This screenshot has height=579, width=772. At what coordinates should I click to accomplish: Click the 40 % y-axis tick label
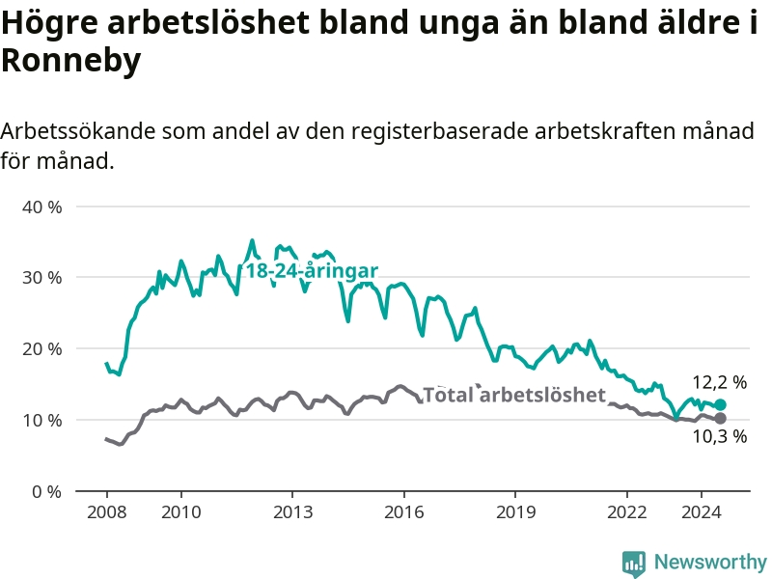pos(41,207)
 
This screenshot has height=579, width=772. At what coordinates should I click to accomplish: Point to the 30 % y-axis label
pos(41,278)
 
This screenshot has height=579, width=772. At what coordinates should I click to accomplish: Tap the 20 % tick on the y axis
pos(41,349)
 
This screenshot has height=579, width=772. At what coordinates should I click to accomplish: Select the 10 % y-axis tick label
pos(41,421)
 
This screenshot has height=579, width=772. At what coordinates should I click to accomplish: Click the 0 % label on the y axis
pos(46,492)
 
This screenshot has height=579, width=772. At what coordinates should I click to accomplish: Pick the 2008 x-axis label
pos(107,512)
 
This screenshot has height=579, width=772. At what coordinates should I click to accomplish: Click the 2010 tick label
pos(181,512)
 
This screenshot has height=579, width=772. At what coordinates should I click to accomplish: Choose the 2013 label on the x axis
pos(293,512)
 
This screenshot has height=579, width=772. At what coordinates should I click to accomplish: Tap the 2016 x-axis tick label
pos(403,512)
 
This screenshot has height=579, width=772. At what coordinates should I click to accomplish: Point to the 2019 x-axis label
pos(515,512)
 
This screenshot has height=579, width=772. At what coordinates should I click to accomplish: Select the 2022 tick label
pos(626,512)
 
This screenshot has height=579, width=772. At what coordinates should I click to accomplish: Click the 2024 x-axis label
pos(702,512)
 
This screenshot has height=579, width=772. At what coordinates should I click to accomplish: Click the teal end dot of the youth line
pos(720,404)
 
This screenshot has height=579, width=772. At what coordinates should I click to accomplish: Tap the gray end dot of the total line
pos(720,419)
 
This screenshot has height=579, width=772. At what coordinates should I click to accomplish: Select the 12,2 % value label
pos(720,382)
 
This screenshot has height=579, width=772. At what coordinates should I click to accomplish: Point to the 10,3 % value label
pos(720,436)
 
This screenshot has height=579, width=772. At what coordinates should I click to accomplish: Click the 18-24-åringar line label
pos(312,271)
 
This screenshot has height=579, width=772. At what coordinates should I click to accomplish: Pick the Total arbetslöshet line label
pos(514,395)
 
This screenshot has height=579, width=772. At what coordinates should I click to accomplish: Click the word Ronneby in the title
pos(71,61)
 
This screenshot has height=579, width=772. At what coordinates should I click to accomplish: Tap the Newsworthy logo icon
pos(634,564)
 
